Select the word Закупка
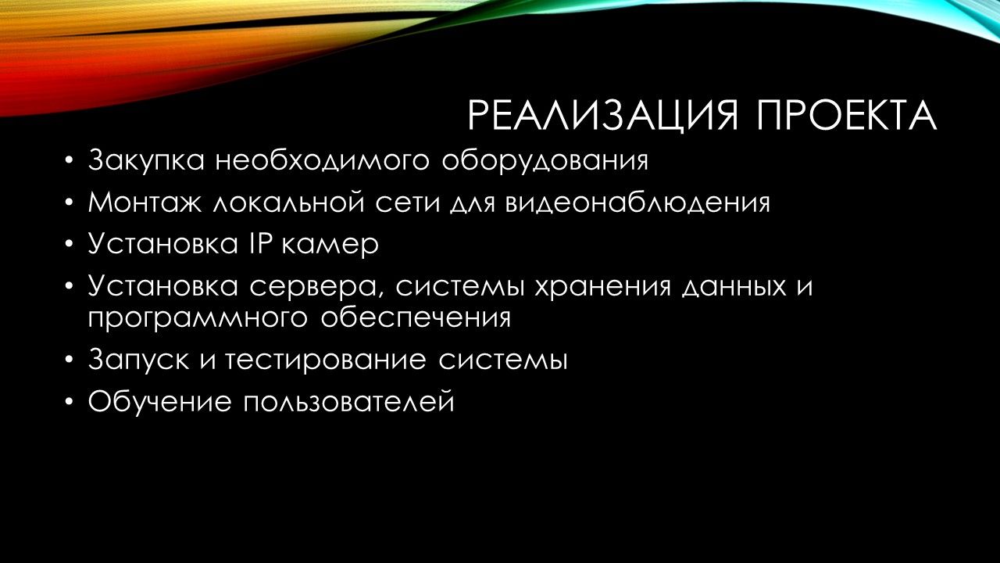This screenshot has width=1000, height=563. (x=146, y=160)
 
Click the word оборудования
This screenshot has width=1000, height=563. (x=545, y=160)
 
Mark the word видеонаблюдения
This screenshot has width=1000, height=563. (x=638, y=202)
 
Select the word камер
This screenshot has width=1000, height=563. (x=330, y=247)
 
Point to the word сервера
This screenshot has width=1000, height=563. (x=318, y=287)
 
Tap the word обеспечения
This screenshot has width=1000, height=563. (x=415, y=317)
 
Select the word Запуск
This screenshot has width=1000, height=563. (x=139, y=360)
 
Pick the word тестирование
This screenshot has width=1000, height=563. (x=324, y=360)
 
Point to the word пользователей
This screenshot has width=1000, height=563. (x=349, y=401)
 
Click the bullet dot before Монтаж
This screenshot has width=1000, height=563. (x=68, y=203)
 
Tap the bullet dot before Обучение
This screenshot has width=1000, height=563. (x=68, y=402)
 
